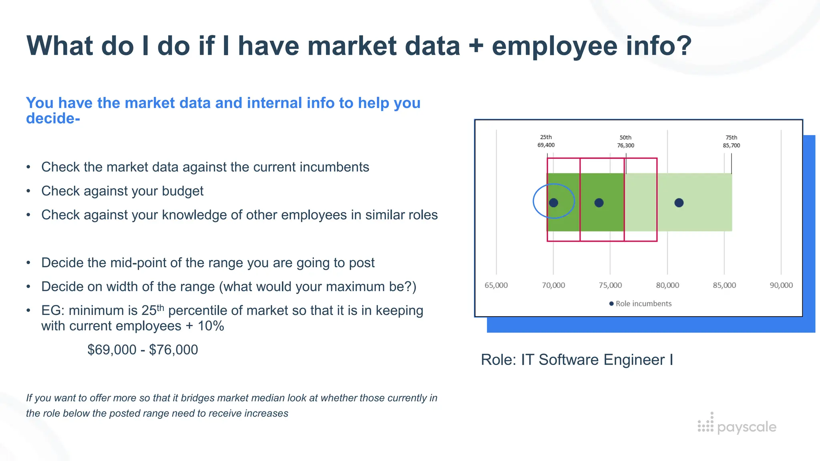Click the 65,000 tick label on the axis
496,285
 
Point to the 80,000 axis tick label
667,285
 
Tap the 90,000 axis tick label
781,285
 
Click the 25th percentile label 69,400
546,141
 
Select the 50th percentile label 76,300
625,142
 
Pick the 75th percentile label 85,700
732,142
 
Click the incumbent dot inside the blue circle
554,203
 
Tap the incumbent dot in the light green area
679,203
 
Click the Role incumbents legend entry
640,304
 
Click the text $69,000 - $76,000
143,350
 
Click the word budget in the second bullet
183,191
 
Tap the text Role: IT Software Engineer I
577,360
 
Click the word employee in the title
555,46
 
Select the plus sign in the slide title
476,46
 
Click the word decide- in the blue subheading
53,118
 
